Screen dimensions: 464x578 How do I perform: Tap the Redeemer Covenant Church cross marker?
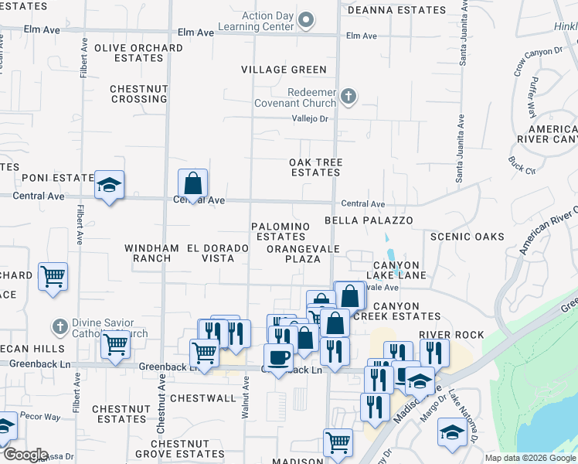coord(348,97)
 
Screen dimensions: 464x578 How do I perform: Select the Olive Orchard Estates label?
coord(138,53)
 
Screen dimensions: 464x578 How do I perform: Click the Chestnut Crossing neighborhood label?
coord(138,94)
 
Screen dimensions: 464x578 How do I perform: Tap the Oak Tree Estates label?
coord(315,167)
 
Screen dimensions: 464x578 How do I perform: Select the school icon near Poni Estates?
coord(110,185)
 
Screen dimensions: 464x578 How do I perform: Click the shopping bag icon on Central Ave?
coord(193,184)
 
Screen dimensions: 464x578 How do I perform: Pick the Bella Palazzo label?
coord(369,220)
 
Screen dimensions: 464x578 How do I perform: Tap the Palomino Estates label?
coord(280,231)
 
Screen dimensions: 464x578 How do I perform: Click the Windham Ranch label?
coord(151,253)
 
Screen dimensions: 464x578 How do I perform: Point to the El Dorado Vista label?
coord(217,253)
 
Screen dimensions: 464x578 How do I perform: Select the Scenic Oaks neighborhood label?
coord(467,237)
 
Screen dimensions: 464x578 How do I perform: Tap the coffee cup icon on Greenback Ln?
coord(278,357)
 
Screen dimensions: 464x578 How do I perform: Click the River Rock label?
coord(451,335)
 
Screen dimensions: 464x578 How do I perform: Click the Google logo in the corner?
coord(25,455)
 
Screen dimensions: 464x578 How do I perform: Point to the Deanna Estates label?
coord(397,11)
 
